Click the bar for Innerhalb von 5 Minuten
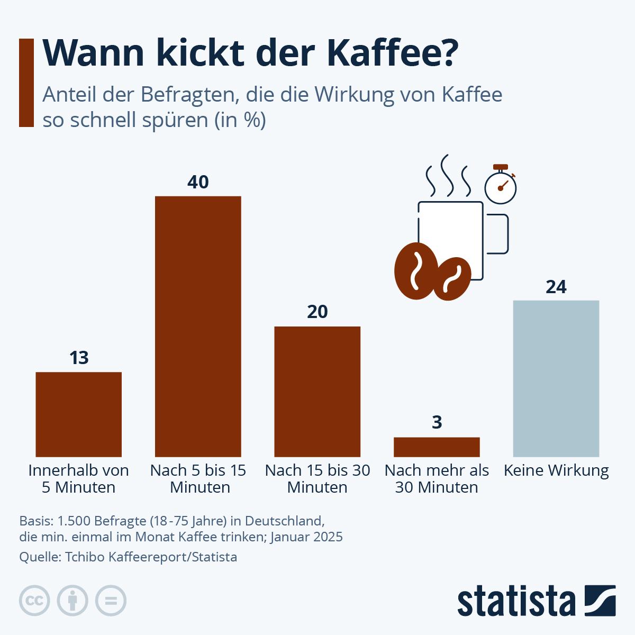tap(78, 414)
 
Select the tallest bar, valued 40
tap(198, 326)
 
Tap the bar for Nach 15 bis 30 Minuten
tap(317, 392)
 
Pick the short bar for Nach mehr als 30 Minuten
tap(437, 447)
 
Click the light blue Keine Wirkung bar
tap(556, 378)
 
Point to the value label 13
tap(79, 358)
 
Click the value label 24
tap(556, 287)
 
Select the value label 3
tap(437, 423)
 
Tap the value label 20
tap(317, 312)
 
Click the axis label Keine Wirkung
tap(556, 470)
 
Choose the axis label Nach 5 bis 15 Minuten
tap(198, 478)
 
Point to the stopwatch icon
tap(501, 185)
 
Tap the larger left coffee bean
tap(416, 271)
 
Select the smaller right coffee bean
tap(452, 279)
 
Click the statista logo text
tap(516, 601)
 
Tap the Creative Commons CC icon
tap(34, 601)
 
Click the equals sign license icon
tap(111, 601)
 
